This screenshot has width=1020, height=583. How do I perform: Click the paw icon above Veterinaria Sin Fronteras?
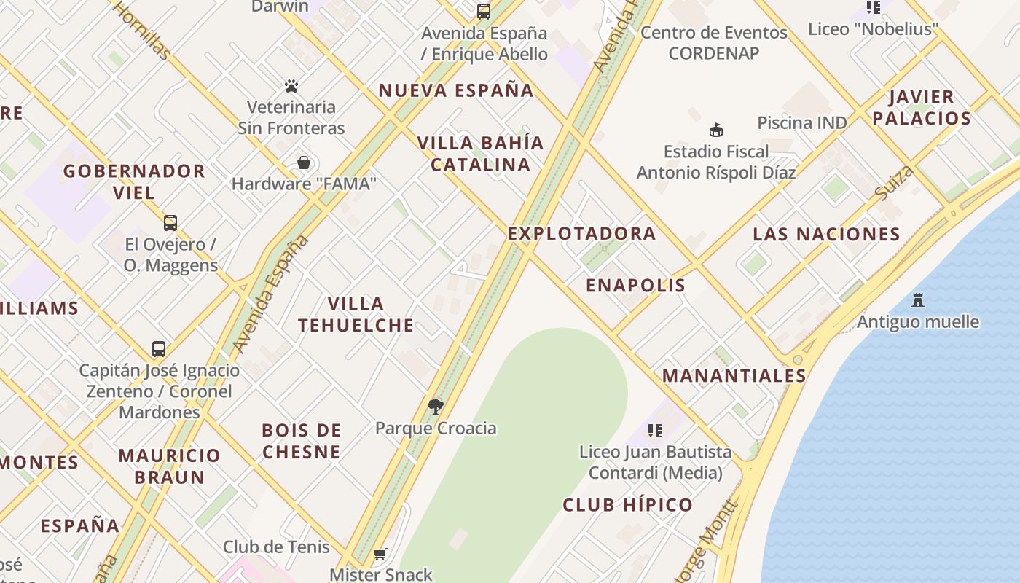coord(292,86)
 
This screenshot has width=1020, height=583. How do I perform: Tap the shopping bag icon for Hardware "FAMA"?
coord(304,163)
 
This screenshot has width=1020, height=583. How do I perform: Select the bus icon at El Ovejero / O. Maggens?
coord(170,223)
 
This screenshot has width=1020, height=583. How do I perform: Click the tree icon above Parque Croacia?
coord(436,407)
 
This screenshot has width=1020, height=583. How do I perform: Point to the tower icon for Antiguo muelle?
coord(918,300)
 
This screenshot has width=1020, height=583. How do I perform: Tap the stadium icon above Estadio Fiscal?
coord(716,130)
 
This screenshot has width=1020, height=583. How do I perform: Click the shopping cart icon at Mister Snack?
coord(380,555)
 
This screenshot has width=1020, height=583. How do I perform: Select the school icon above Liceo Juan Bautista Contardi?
coord(655,431)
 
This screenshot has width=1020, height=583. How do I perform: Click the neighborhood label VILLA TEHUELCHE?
coord(356,314)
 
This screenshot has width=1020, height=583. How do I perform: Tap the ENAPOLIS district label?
coord(636,285)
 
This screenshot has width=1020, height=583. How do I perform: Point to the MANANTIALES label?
coord(734,376)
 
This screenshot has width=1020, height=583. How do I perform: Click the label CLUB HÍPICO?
coord(627,504)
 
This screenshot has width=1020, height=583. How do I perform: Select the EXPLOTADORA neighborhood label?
coord(582,233)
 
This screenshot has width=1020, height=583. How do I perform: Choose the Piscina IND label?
coord(802,122)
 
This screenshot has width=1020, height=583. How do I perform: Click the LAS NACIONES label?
coord(826,234)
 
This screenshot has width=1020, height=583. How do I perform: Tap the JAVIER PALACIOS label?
coord(922,107)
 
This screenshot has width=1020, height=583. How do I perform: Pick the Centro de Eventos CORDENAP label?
coord(714,42)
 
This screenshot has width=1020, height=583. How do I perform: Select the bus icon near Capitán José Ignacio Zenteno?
coord(159,348)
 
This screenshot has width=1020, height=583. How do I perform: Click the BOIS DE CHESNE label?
coord(302,441)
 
